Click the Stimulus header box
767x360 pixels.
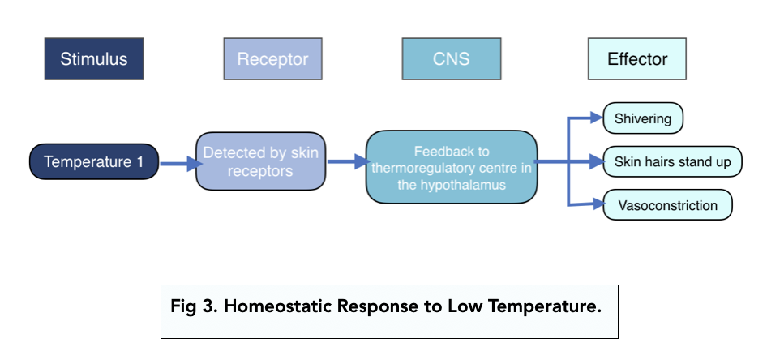point(94,58)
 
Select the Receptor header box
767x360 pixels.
point(272,58)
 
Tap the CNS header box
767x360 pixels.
point(451,58)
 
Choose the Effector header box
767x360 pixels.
point(637,58)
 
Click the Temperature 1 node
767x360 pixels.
point(94,161)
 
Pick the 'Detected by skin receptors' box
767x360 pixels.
point(260,161)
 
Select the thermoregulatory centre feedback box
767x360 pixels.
point(452,167)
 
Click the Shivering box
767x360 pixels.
point(643,118)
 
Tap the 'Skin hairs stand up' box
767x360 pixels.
point(672,161)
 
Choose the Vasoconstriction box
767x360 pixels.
point(667,205)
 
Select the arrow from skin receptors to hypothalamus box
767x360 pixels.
point(347,161)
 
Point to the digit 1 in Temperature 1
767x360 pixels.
point(140,161)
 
